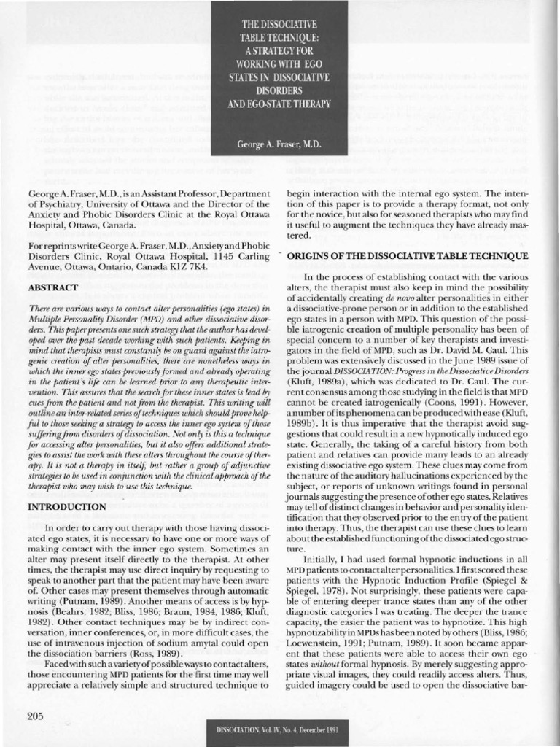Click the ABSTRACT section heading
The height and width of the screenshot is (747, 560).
coord(52,288)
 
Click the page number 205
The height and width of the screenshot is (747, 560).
coord(36,715)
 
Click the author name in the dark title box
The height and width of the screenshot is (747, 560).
coord(279,144)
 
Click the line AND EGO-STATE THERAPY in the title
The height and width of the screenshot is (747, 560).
coord(280,104)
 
